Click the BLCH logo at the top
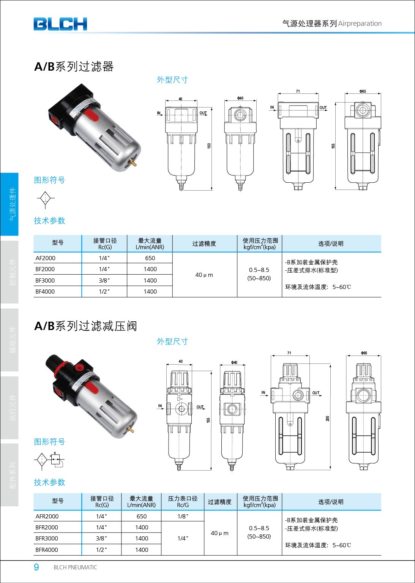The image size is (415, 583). coord(60,24)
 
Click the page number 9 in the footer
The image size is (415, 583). coord(36,567)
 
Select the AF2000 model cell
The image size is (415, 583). coord(46,258)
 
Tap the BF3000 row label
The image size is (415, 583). coord(45,281)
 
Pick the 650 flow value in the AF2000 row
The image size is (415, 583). coord(150,258)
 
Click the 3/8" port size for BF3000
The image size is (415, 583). coord(104,281)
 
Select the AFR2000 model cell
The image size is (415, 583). coord(47,517)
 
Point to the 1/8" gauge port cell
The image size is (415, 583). coord(183,517)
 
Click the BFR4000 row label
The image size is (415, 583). coord(47,550)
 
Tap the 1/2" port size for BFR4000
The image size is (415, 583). coord(101,550)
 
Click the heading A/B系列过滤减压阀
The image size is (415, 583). coord(85,326)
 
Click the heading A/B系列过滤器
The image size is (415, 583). coord(74,66)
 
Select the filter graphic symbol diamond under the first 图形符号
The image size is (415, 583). coord(46,199)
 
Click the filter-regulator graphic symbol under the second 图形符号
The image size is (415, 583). coord(49,460)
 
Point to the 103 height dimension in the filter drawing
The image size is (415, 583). coord(209,146)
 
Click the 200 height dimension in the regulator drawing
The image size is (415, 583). coord(327,419)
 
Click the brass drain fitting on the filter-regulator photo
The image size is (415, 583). coord(130,430)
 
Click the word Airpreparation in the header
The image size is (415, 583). coord(360,24)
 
